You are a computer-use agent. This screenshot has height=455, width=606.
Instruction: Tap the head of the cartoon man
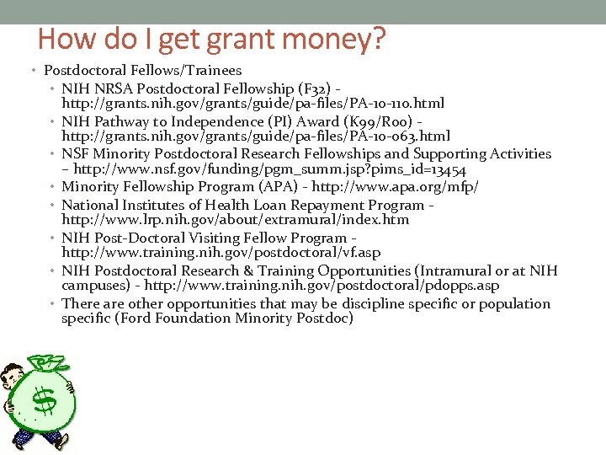click(13, 379)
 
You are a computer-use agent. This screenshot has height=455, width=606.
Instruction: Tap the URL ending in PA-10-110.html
click(253, 103)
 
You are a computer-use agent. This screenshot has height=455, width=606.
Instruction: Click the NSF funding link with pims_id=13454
click(270, 169)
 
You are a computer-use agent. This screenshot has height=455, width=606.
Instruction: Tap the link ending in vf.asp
click(221, 253)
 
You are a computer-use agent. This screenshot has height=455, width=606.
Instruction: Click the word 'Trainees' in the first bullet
click(212, 71)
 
